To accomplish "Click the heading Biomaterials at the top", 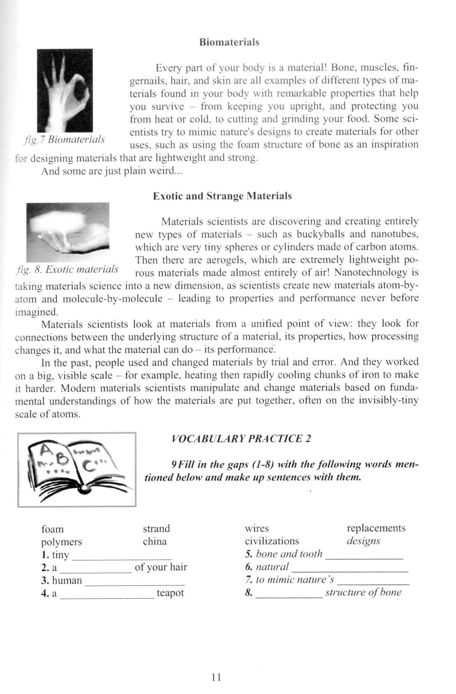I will (229, 42).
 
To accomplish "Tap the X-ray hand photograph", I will (65, 90).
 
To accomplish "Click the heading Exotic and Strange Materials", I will (222, 196).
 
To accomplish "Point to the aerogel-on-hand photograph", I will (68, 232).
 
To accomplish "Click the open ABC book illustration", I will (77, 469).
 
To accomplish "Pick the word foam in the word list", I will (52, 529).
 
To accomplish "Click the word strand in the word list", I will (156, 528).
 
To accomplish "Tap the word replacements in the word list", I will (376, 528).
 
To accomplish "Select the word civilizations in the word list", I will (272, 541).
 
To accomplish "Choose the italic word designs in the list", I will (363, 541).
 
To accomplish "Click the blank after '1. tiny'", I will (122, 556).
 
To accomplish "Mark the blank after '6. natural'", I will (349, 568).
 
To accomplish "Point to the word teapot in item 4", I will (170, 593).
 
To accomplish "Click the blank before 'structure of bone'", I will (289, 594).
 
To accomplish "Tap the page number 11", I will (216, 678).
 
